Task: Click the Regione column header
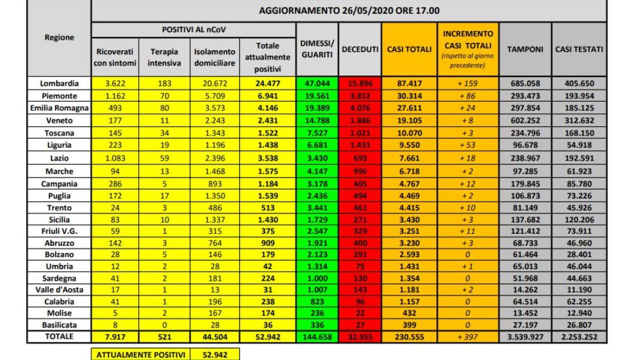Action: pyautogui.click(x=59, y=38)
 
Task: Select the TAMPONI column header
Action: pyautogui.click(x=525, y=50)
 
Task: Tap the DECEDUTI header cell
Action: pyautogui.click(x=360, y=50)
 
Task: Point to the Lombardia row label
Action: pyautogui.click(x=59, y=84)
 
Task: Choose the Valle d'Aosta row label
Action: pyautogui.click(x=59, y=289)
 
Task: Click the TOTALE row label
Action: pyautogui.click(x=59, y=337)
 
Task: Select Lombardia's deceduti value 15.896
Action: pyautogui.click(x=360, y=84)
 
